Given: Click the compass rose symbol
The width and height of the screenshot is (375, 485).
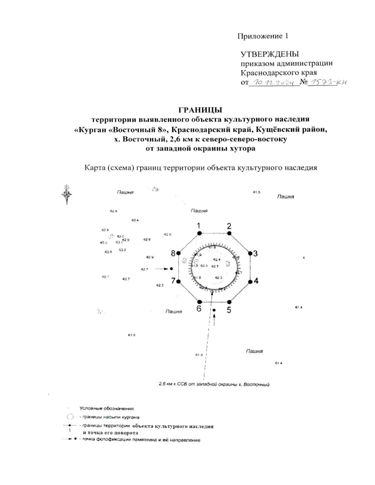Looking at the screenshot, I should coord(67,194).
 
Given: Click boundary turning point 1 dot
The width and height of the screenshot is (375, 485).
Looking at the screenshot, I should coord(199,233).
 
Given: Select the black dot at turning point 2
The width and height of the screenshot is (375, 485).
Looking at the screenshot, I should coord(229,233).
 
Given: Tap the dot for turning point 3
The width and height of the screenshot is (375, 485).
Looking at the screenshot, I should coord(250,253).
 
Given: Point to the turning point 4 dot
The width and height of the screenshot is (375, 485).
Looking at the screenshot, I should coord(250,282).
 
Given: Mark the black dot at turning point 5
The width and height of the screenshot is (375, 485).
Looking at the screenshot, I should coord(229,302).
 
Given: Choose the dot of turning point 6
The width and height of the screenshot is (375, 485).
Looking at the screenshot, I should coord(199,302).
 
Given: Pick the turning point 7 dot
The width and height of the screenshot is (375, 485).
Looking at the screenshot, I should coord(178,282).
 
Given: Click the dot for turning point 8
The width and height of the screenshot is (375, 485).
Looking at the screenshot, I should coord(178,253).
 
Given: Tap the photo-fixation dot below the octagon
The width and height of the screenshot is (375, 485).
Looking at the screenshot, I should coord(214,310).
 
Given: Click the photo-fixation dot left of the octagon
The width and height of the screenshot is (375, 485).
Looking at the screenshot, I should coord(172,269).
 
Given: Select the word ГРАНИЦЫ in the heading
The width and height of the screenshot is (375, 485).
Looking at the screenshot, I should coord(200,110).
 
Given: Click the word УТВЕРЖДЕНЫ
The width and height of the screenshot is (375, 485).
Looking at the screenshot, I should coord(270,54).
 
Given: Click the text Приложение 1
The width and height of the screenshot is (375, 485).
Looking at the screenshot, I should coord(263,36).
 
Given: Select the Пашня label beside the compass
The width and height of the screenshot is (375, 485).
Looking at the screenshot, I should coord(125,192).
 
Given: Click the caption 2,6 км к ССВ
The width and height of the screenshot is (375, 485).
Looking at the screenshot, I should coord(214,384).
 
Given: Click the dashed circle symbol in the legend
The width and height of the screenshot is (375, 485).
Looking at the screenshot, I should coord(71,417).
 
